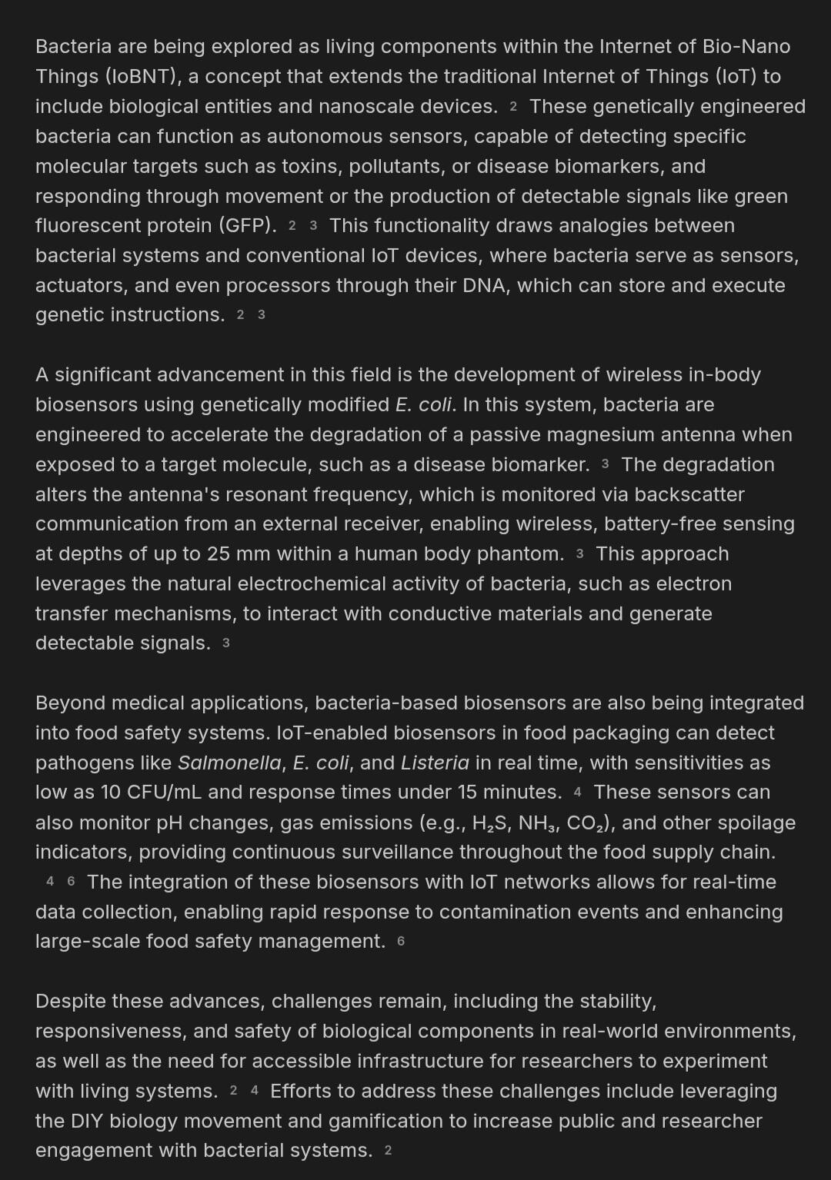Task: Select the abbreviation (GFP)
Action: click(247, 225)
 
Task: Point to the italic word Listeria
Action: click(435, 763)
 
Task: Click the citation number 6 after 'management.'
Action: click(401, 942)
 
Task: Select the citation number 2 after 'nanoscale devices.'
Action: click(513, 107)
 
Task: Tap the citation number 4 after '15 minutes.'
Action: click(577, 793)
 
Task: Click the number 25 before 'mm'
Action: click(218, 553)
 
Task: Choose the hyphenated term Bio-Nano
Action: click(746, 46)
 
